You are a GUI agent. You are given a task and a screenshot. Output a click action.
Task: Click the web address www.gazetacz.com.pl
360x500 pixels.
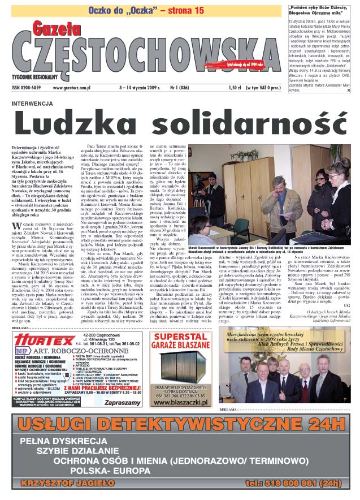click(77, 88)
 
